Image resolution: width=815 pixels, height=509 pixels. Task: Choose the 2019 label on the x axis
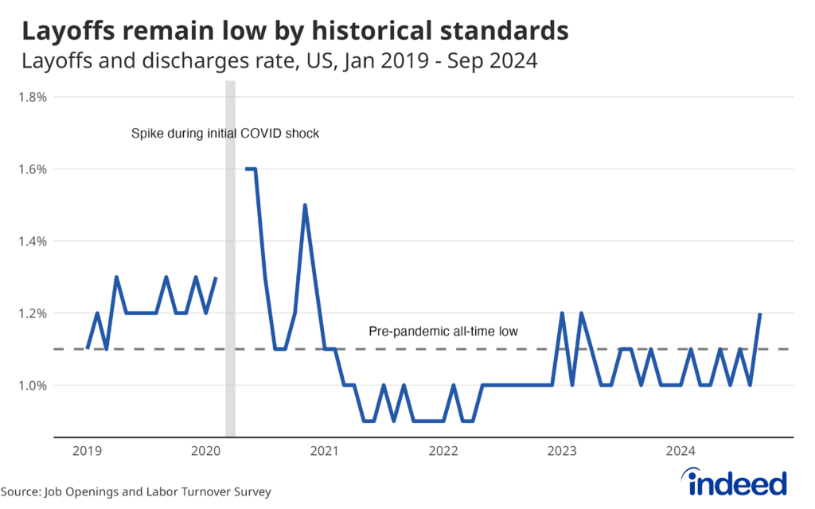click(x=87, y=452)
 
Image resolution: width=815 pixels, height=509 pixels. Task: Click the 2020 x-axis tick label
click(x=206, y=452)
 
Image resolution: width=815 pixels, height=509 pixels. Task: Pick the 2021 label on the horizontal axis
click(x=325, y=452)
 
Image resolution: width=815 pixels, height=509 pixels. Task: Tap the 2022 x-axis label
click(x=443, y=452)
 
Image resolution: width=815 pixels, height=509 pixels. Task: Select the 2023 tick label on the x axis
click(x=563, y=452)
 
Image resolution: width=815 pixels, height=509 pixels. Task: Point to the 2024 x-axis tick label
click(x=681, y=452)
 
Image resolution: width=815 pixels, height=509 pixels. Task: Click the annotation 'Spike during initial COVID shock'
click(x=224, y=134)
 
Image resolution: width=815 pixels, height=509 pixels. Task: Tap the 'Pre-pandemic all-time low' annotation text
click(x=443, y=331)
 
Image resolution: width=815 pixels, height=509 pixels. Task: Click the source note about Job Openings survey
click(x=135, y=492)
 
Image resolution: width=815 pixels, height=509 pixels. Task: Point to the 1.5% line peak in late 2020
click(x=305, y=205)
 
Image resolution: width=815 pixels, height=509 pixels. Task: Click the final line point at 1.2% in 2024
click(x=760, y=314)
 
